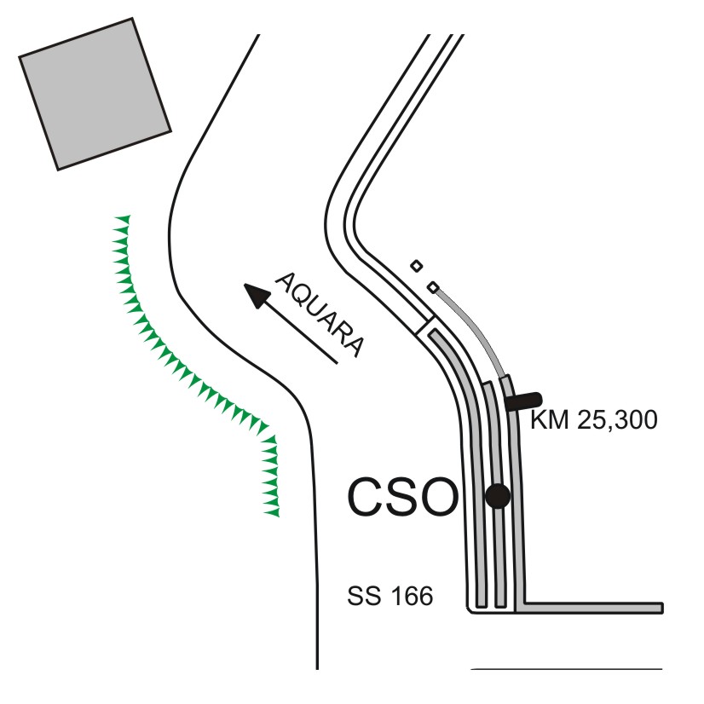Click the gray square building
(95, 95)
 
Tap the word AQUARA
(320, 314)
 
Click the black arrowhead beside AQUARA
(257, 296)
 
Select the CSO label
(403, 497)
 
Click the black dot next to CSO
(498, 496)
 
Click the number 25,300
(617, 421)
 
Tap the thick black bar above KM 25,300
(523, 401)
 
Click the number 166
(412, 596)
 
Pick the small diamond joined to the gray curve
(433, 287)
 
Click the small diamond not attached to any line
(416, 266)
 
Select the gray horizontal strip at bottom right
(589, 608)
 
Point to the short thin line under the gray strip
(567, 669)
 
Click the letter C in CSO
(365, 497)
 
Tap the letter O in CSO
(439, 497)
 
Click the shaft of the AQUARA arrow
(302, 333)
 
